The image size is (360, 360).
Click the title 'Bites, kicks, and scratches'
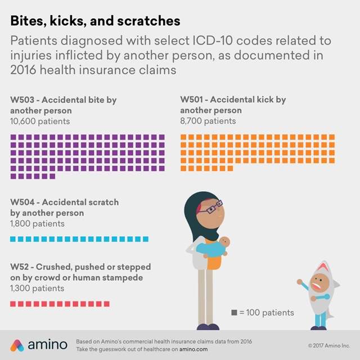click(95, 21)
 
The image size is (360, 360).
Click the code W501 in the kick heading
click(193, 100)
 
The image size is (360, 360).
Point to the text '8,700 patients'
click(208, 120)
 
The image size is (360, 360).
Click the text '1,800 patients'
click(37, 223)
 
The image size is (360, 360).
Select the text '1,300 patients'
click(37, 288)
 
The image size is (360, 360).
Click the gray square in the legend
click(234, 313)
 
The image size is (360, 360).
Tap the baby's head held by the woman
click(223, 242)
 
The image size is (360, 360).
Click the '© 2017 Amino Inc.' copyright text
click(329, 345)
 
